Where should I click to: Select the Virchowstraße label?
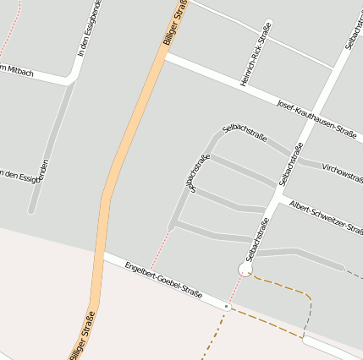coord(342,172)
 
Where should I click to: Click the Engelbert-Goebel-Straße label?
coord(162,281)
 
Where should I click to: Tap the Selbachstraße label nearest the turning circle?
coord(257,238)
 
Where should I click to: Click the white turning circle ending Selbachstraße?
coord(246,269)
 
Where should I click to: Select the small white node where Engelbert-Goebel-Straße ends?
coord(228,307)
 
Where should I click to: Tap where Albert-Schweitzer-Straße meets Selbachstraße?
coord(279,199)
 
